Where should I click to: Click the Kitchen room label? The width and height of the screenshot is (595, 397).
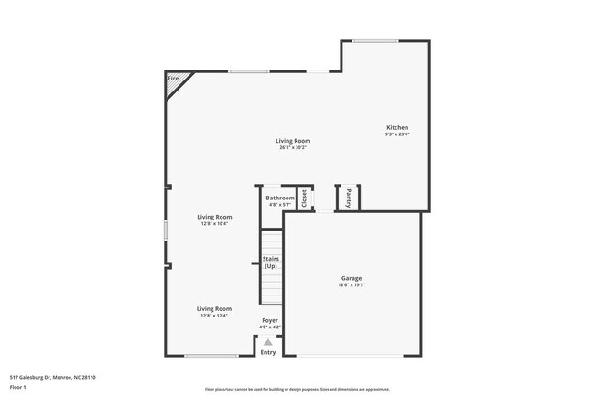397,127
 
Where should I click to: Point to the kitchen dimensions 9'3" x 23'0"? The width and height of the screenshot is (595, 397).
397,134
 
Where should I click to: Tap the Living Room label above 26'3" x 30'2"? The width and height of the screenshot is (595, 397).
295,141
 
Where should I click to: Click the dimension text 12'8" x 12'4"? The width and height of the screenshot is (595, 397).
213,316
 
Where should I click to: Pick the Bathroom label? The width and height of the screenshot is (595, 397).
280,198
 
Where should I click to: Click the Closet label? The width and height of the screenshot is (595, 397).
305,198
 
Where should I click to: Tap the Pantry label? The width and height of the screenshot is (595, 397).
349,198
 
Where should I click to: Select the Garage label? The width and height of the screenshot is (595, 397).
352,278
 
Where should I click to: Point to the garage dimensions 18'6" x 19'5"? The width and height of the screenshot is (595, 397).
352,285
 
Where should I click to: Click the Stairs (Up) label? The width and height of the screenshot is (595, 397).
271,263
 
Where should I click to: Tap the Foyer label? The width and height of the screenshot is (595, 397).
270,320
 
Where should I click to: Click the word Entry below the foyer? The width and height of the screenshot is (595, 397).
268,352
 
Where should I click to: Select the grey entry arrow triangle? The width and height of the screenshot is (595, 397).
268,341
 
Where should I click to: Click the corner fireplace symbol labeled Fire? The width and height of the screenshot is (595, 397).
174,80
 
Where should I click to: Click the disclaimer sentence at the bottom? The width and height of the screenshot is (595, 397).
297,389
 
